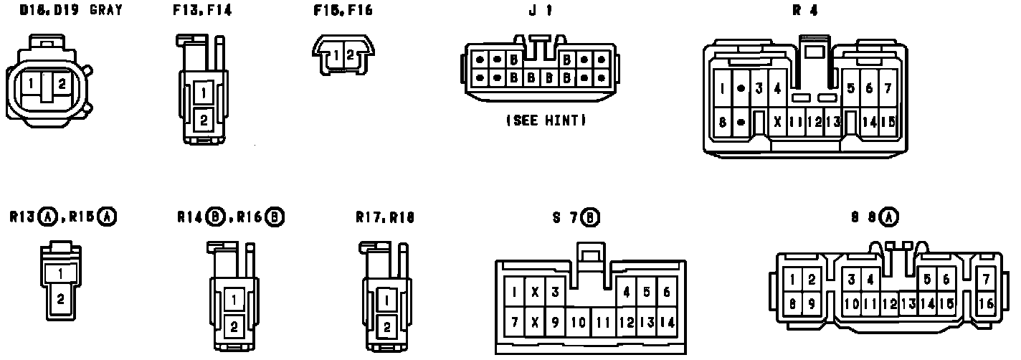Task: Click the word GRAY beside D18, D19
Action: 106,10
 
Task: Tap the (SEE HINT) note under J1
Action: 546,121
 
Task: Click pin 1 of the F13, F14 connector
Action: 204,93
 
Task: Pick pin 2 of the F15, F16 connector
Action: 350,55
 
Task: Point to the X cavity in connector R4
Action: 777,122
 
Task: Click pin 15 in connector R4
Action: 888,122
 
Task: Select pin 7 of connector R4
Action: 888,88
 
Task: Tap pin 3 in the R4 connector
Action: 759,89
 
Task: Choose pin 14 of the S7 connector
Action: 667,322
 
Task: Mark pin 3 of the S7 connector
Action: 554,291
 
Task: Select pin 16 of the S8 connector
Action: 986,303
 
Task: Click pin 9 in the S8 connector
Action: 812,303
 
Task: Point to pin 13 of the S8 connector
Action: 908,303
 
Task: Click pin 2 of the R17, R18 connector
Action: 386,327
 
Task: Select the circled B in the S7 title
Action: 590,217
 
